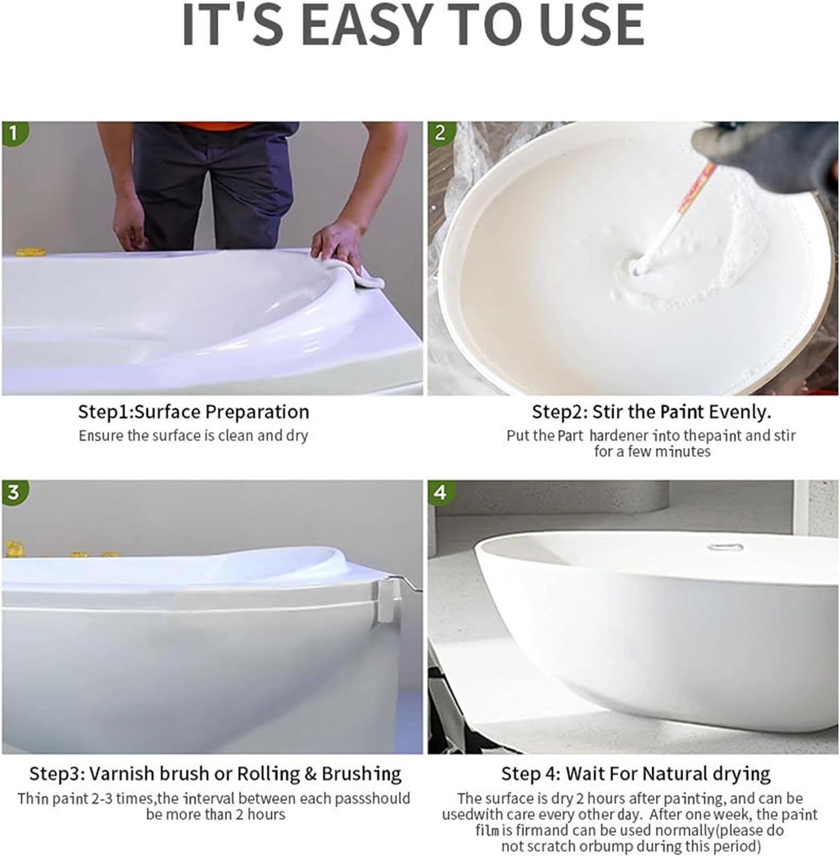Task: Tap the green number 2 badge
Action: coord(440,133)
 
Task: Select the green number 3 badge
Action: coord(14,492)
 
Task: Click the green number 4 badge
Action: coord(440,492)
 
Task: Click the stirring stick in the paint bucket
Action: coord(674,217)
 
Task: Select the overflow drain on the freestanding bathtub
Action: coord(725,547)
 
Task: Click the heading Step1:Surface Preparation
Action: coord(194,412)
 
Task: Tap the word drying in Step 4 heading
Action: coord(742,774)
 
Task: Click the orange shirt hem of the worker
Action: coord(217,126)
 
